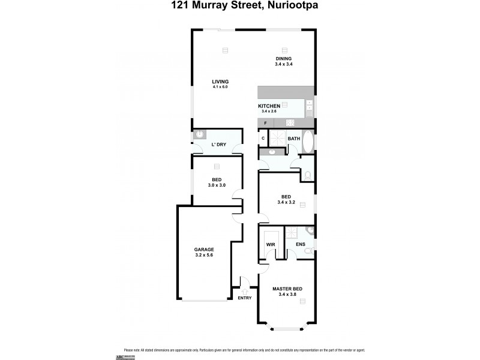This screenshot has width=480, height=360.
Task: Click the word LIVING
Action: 220,82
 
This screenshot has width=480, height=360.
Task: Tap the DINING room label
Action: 284,58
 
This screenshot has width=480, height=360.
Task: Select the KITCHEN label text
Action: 269,106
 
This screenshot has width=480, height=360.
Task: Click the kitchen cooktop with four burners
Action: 290,123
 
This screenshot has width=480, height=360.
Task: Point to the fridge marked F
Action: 265,123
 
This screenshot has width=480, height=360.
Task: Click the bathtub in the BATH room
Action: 307,142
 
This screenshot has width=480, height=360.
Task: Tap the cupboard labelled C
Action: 263,139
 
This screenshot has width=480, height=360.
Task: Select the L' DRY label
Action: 218,145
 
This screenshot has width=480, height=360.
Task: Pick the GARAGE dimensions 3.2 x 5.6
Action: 204,255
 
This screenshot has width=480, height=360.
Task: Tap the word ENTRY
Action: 245,298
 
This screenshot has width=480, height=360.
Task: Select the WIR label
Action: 270,244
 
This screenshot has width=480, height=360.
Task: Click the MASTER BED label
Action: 287,289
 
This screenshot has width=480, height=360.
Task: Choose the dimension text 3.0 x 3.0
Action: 217,185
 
